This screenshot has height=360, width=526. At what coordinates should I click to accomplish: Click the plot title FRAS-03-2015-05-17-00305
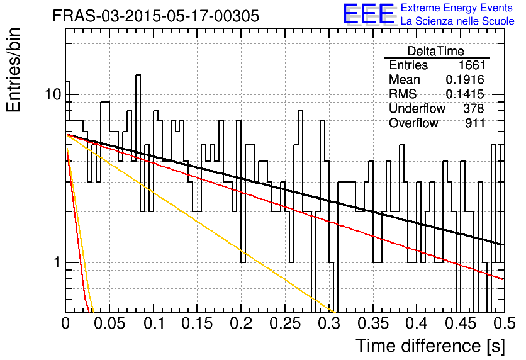click(156, 16)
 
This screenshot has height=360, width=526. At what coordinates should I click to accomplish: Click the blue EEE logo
click(368, 14)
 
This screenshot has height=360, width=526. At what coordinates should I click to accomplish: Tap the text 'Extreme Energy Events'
click(457, 8)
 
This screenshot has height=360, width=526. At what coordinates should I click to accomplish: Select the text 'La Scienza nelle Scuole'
click(457, 21)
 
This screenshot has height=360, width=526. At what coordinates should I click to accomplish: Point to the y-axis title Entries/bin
click(14, 70)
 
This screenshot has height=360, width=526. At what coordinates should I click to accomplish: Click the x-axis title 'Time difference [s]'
click(430, 346)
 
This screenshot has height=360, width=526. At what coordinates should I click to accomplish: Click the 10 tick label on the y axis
click(53, 94)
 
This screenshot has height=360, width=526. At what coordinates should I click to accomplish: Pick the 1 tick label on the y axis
click(57, 262)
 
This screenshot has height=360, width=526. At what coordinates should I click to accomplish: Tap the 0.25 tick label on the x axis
click(285, 323)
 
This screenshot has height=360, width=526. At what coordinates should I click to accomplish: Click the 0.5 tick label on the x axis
click(504, 323)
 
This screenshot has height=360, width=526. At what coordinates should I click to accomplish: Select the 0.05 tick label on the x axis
click(109, 323)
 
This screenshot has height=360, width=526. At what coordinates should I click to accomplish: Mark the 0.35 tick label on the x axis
click(373, 323)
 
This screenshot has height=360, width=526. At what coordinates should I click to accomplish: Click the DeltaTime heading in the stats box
click(436, 51)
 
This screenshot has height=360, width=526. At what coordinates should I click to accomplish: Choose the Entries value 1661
click(472, 65)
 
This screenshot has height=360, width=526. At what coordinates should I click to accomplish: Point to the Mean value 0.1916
click(465, 79)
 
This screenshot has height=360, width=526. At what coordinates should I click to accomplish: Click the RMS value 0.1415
click(465, 94)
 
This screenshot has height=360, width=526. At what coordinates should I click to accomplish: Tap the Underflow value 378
click(474, 108)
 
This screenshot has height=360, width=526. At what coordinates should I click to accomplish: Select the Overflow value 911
click(475, 123)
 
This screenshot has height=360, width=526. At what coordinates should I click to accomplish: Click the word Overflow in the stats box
click(413, 123)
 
